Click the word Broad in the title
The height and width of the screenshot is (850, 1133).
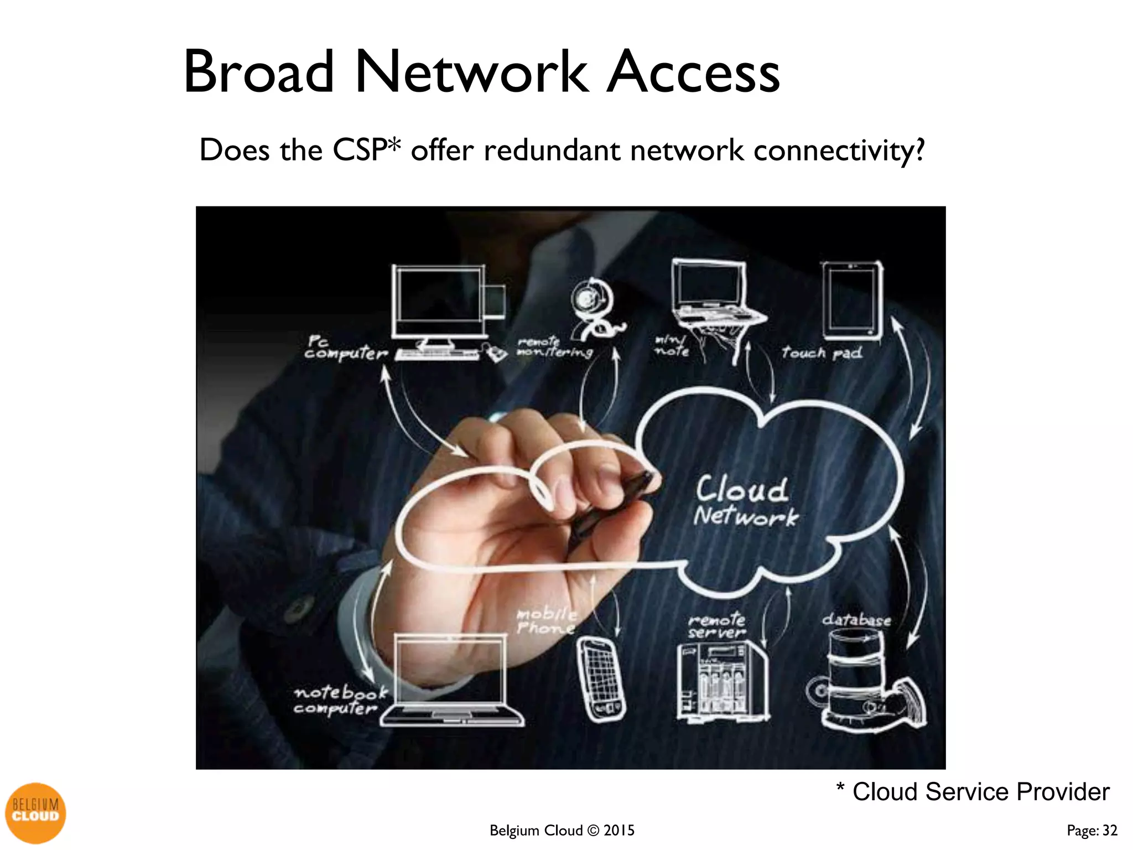pos(259,72)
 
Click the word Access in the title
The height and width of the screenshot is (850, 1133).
pos(693,72)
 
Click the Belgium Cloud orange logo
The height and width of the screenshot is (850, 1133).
pos(35,812)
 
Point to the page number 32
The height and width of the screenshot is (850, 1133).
pos(1110,830)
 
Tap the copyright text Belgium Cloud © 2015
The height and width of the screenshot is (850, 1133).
pos(562,830)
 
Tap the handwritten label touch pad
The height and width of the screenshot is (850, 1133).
pos(822,353)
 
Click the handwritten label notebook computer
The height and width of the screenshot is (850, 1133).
pos(339,700)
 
